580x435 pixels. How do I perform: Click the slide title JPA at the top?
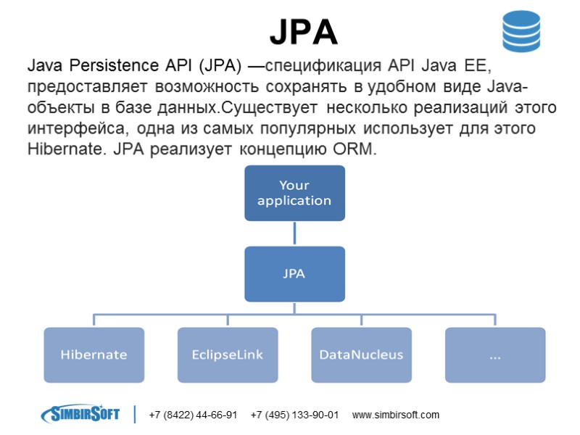[x=304, y=31]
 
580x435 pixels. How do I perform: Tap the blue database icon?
[x=522, y=32]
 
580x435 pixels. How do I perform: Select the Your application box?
[x=294, y=193]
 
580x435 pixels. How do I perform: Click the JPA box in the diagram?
[x=294, y=274]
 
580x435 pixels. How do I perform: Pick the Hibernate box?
[x=94, y=355]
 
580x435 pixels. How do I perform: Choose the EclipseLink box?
[x=228, y=355]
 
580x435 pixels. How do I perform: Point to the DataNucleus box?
[x=361, y=355]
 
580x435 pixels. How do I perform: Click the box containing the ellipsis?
[x=495, y=355]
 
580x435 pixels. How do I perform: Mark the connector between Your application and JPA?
[x=294, y=233]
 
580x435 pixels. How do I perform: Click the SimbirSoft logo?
[x=80, y=414]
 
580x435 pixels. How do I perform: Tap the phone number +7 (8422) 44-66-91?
[x=193, y=415]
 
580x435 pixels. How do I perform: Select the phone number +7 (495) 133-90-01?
[x=294, y=415]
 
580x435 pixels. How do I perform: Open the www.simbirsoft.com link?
[x=395, y=415]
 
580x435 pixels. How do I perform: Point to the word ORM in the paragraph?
[x=357, y=150]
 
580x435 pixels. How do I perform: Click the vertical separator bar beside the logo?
[x=135, y=414]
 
